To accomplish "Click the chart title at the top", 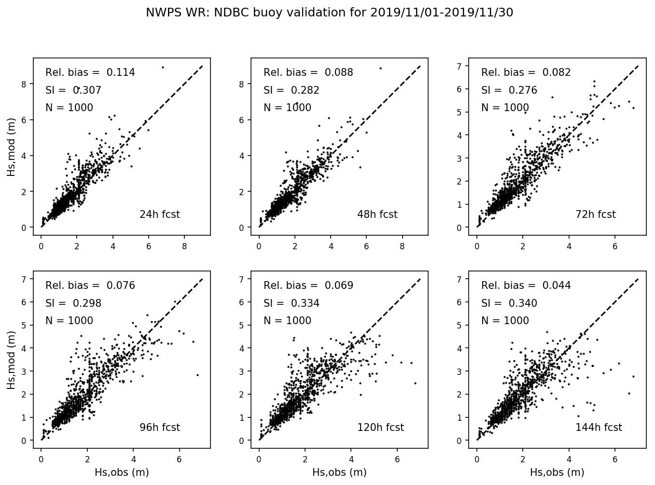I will point(329,13).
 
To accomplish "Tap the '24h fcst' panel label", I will point(159,214).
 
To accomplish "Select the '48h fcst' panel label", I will point(377,214).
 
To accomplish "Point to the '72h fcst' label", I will point(595,214).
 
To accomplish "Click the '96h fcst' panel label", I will point(159,428).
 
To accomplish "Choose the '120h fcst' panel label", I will point(380,428).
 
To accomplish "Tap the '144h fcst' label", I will point(599,428).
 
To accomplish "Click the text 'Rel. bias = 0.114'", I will point(90,72).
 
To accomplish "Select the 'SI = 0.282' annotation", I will point(291,90).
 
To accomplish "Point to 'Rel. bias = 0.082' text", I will point(526,72).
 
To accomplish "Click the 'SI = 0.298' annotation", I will point(73,303).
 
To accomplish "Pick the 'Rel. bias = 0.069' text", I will point(308,285).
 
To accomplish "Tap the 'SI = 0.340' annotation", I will point(509,303).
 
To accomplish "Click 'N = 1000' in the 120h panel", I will point(287,321).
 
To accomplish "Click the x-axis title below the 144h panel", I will point(557,472).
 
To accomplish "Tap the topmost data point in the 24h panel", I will point(163,67).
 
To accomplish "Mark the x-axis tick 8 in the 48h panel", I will point(403,246).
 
